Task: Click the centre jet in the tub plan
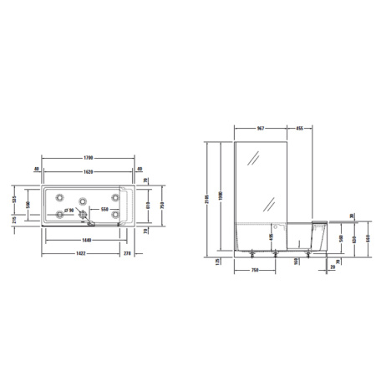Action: click(84, 201)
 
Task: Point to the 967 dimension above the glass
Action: click(260, 129)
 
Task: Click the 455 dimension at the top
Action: click(298, 129)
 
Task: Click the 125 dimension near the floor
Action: click(217, 262)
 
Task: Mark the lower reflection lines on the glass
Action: click(271, 203)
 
